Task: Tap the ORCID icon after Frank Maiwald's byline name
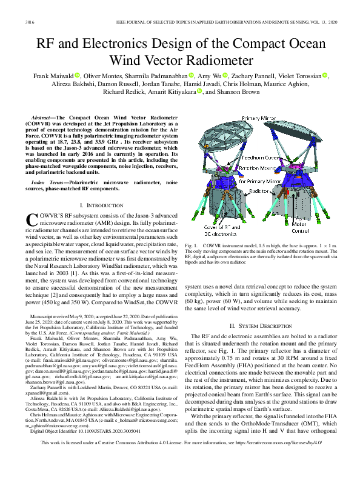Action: coord(78,75)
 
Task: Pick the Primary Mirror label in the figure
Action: coord(258,117)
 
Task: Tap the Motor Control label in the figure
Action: coord(315,227)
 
